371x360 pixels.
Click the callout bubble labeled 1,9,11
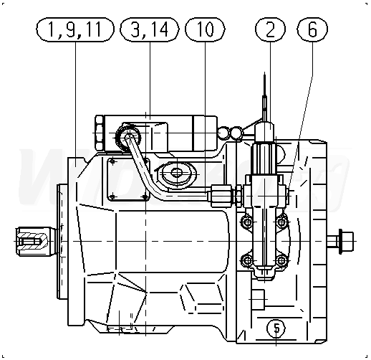pos(75,29)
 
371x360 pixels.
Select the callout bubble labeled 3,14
pos(150,29)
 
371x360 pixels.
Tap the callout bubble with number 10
pos(205,29)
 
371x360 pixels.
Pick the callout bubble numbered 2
pos(270,29)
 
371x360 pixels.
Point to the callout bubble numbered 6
pos(312,29)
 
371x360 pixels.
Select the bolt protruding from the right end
pos(340,241)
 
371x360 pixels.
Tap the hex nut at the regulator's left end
pos(100,133)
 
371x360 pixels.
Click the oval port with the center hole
pos(177,173)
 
